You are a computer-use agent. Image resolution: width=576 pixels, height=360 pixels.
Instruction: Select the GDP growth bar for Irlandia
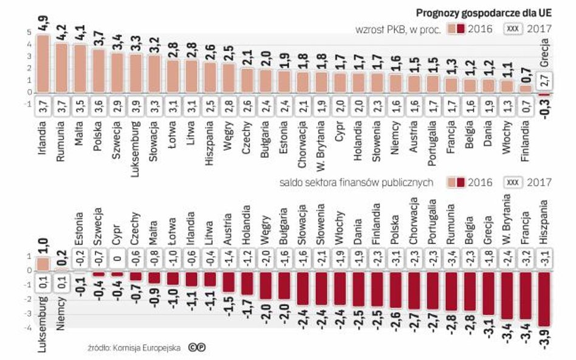pyautogui.click(x=43, y=64)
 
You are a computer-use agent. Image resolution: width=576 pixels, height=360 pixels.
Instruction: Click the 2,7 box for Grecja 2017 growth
pyautogui.click(x=545, y=80)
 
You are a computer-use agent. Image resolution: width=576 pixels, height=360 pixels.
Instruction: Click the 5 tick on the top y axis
pyautogui.click(x=29, y=33)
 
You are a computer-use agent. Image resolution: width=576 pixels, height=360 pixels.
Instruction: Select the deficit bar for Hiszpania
pyautogui.click(x=545, y=299)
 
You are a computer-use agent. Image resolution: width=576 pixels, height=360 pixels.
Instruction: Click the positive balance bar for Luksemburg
pyautogui.click(x=43, y=263)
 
